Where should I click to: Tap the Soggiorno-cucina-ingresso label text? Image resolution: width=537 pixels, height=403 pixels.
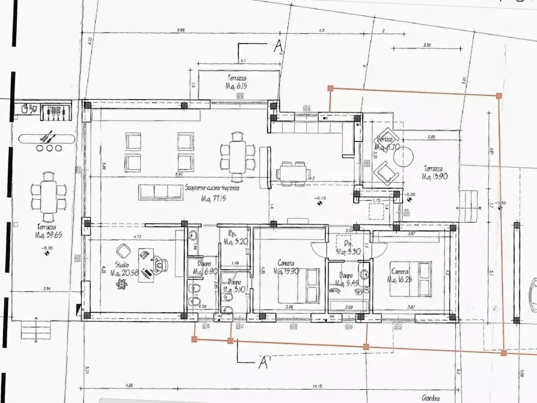tap(212, 188)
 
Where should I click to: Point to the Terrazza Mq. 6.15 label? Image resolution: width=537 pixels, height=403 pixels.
tap(237, 82)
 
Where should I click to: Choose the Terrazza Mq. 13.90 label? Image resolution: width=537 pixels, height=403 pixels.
tap(434, 173)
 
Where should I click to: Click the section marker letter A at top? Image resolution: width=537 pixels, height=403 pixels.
tap(278, 46)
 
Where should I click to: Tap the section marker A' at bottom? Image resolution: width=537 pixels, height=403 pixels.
tap(262, 362)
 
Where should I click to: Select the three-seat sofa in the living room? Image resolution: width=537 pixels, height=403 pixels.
tap(160, 192)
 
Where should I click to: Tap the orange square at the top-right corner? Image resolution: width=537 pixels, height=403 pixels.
tap(499, 96)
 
